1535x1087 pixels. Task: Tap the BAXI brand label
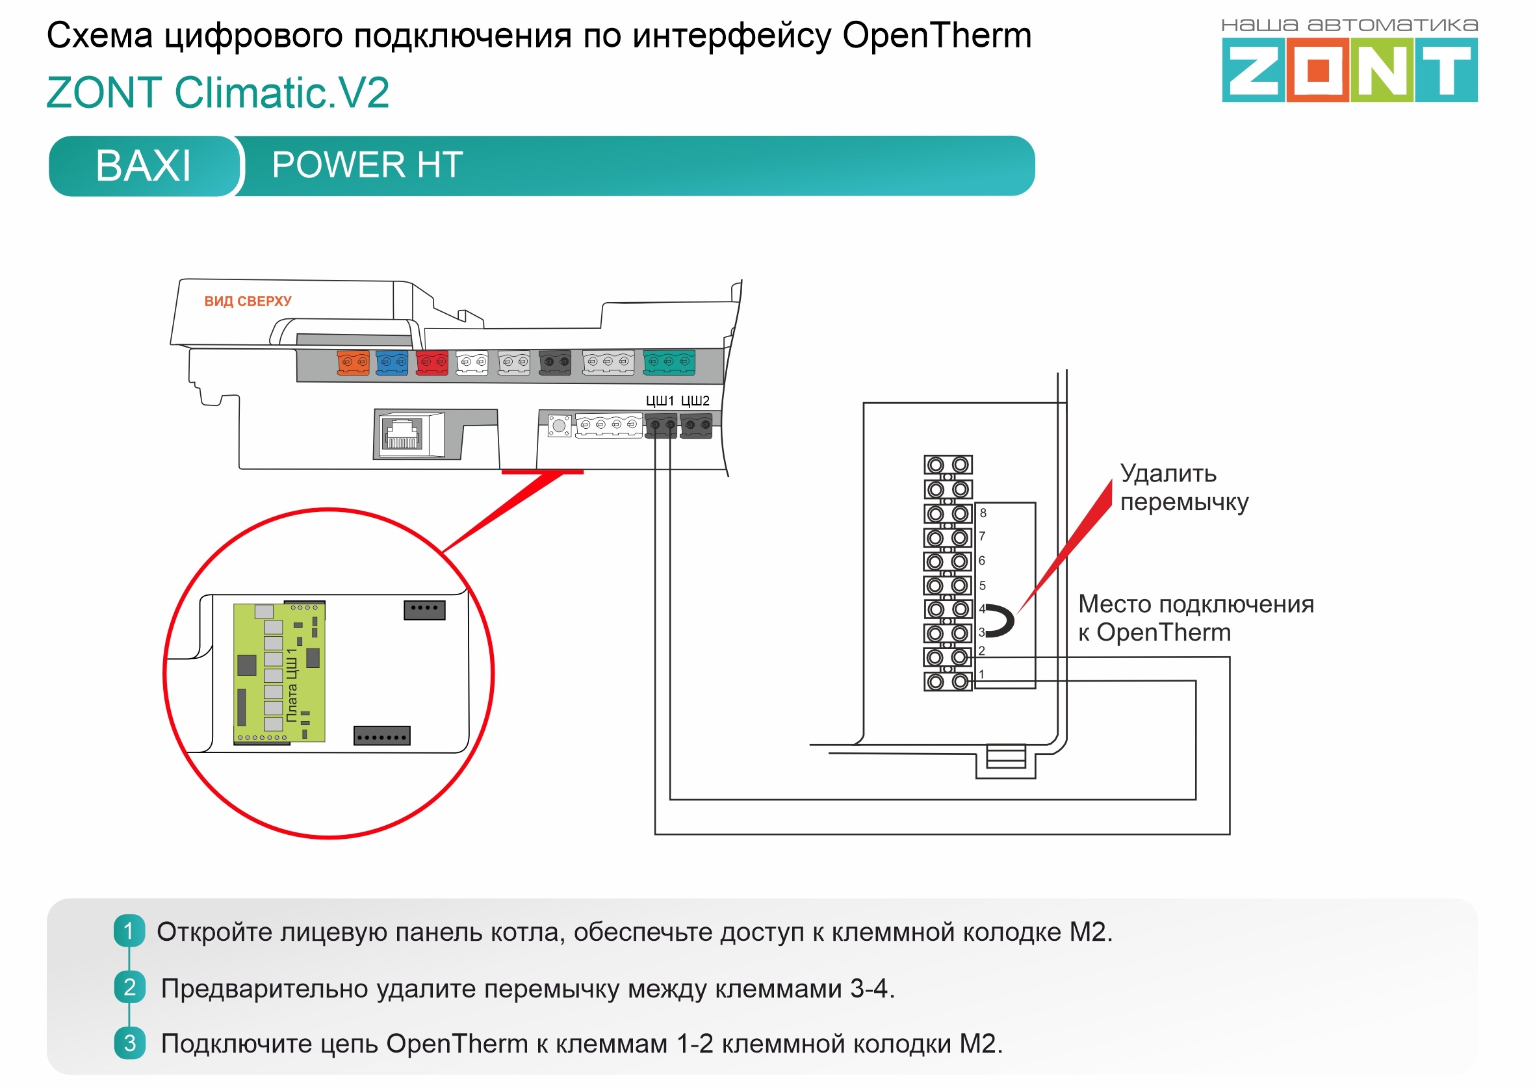[143, 165]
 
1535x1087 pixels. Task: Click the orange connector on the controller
[354, 362]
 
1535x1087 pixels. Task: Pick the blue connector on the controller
[392, 362]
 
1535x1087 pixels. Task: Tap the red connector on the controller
[432, 362]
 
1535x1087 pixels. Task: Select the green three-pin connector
[669, 362]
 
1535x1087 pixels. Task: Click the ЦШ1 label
[660, 401]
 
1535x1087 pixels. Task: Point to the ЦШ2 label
[695, 401]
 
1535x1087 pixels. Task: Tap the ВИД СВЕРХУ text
[248, 301]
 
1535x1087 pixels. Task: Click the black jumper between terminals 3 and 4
[1001, 620]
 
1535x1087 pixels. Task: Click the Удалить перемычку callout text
[1183, 488]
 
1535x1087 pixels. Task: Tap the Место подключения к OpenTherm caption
[1196, 618]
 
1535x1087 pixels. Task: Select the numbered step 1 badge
[129, 931]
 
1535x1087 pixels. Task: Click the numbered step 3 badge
[129, 1043]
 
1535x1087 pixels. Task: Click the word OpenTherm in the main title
[936, 36]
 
